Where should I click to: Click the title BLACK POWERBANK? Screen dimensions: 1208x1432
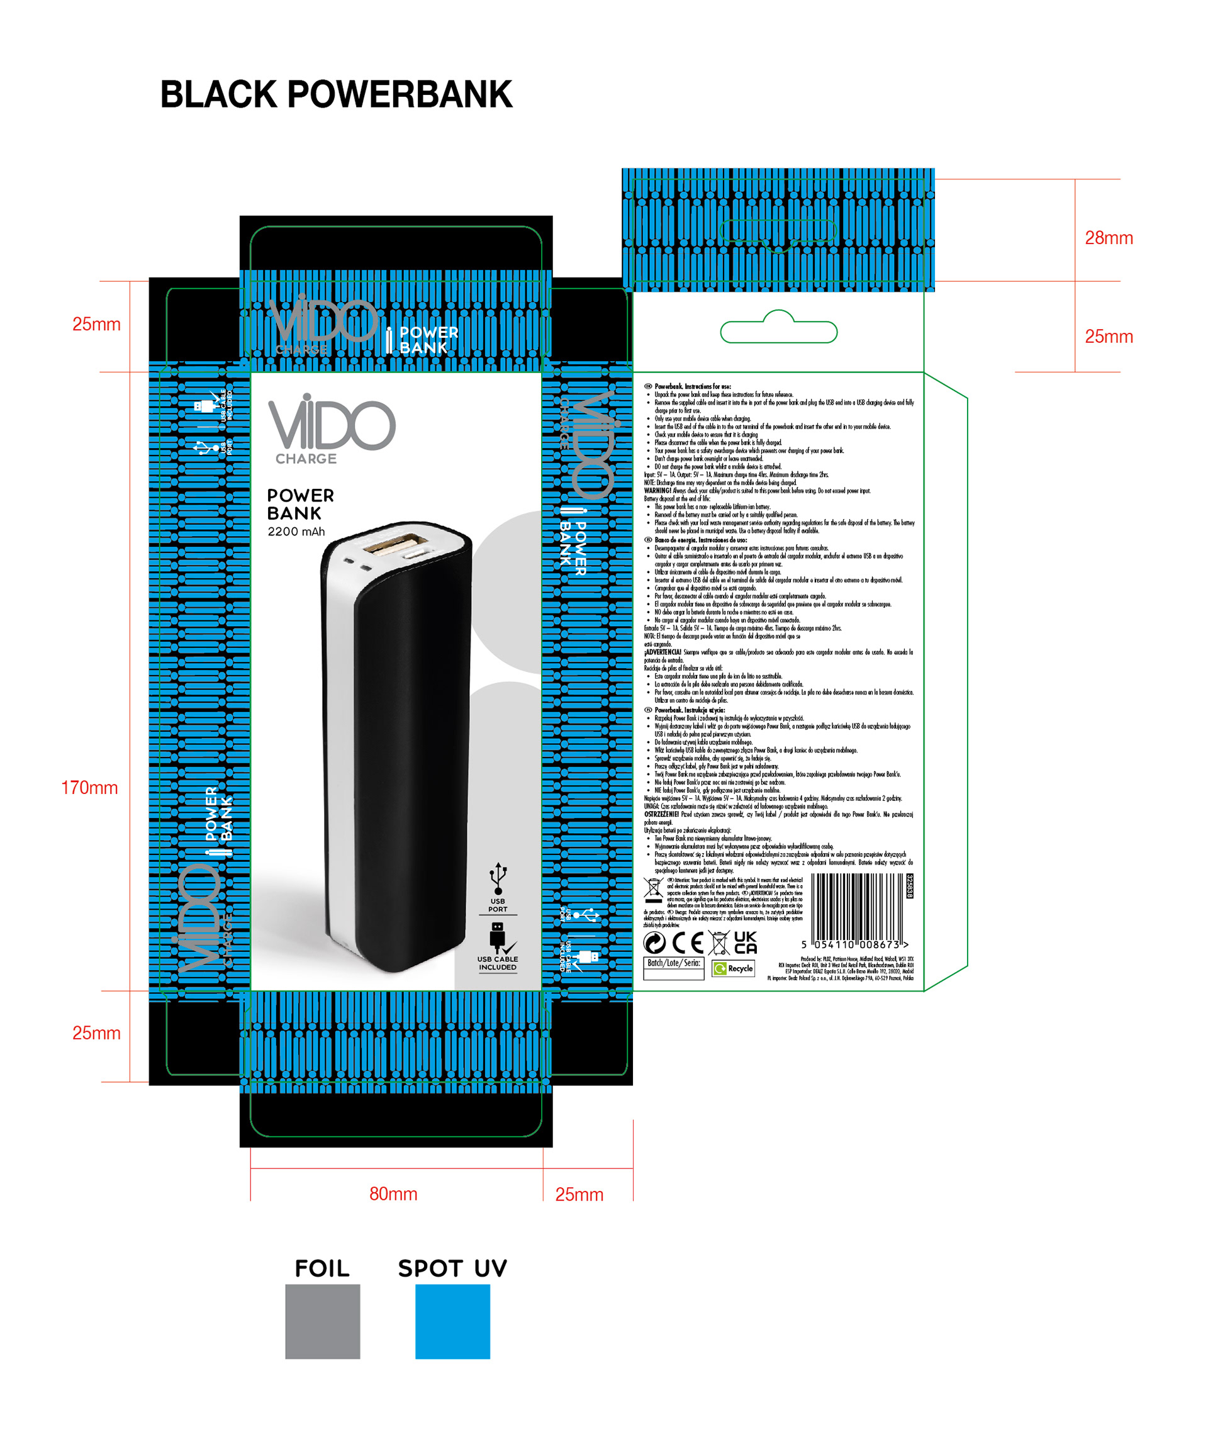tap(335, 94)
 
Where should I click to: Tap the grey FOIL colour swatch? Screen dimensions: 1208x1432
tap(323, 1321)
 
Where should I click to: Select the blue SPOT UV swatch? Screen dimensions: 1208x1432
tap(452, 1321)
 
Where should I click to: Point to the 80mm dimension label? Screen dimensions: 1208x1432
tap(393, 1194)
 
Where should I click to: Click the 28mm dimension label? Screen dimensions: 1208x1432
tap(1108, 238)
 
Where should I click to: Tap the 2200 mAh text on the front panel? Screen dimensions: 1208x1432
tap(296, 532)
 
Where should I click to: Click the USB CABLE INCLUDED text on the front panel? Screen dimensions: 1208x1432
tap(498, 963)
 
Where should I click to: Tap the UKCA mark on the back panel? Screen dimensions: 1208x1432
tap(745, 943)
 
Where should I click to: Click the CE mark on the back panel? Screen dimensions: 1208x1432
tap(688, 943)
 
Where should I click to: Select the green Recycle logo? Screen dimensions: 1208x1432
tap(733, 968)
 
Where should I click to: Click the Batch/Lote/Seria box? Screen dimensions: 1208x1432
tap(673, 968)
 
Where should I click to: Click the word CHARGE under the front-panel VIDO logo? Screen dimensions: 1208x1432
tap(306, 459)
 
